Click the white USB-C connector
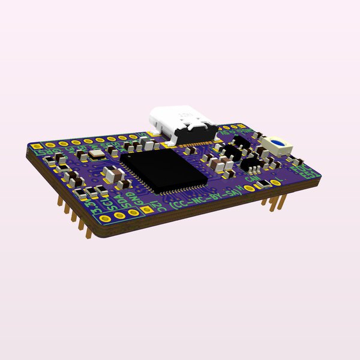click(183, 124)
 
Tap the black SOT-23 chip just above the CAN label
click(254, 164)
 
